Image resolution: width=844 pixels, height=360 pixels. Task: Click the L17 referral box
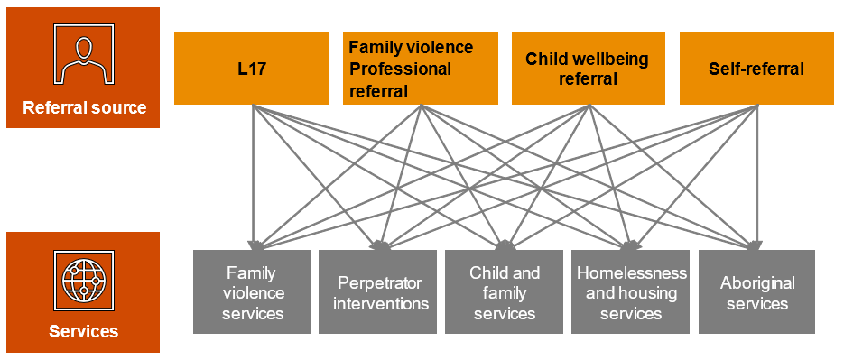point(251,69)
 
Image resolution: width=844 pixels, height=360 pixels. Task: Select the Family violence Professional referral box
point(420,69)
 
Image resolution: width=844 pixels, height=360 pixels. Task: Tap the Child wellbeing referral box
point(588,69)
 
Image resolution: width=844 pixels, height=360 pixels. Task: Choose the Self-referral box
point(756,69)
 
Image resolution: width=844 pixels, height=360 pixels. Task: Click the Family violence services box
point(252,292)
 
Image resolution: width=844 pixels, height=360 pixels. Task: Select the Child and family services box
point(505,292)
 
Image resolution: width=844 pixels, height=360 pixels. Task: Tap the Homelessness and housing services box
point(631,292)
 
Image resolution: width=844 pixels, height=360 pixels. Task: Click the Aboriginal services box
point(757,292)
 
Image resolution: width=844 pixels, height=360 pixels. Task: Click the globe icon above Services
point(83,281)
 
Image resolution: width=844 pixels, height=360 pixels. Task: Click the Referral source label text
point(84,108)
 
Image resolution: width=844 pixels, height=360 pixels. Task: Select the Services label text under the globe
point(83,331)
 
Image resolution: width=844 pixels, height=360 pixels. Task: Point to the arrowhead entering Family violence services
point(254,244)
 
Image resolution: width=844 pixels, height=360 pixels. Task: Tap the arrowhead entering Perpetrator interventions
point(379,244)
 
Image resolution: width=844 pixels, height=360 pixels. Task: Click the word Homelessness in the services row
point(631,272)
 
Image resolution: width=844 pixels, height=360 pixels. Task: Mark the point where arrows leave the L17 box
point(253,106)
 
